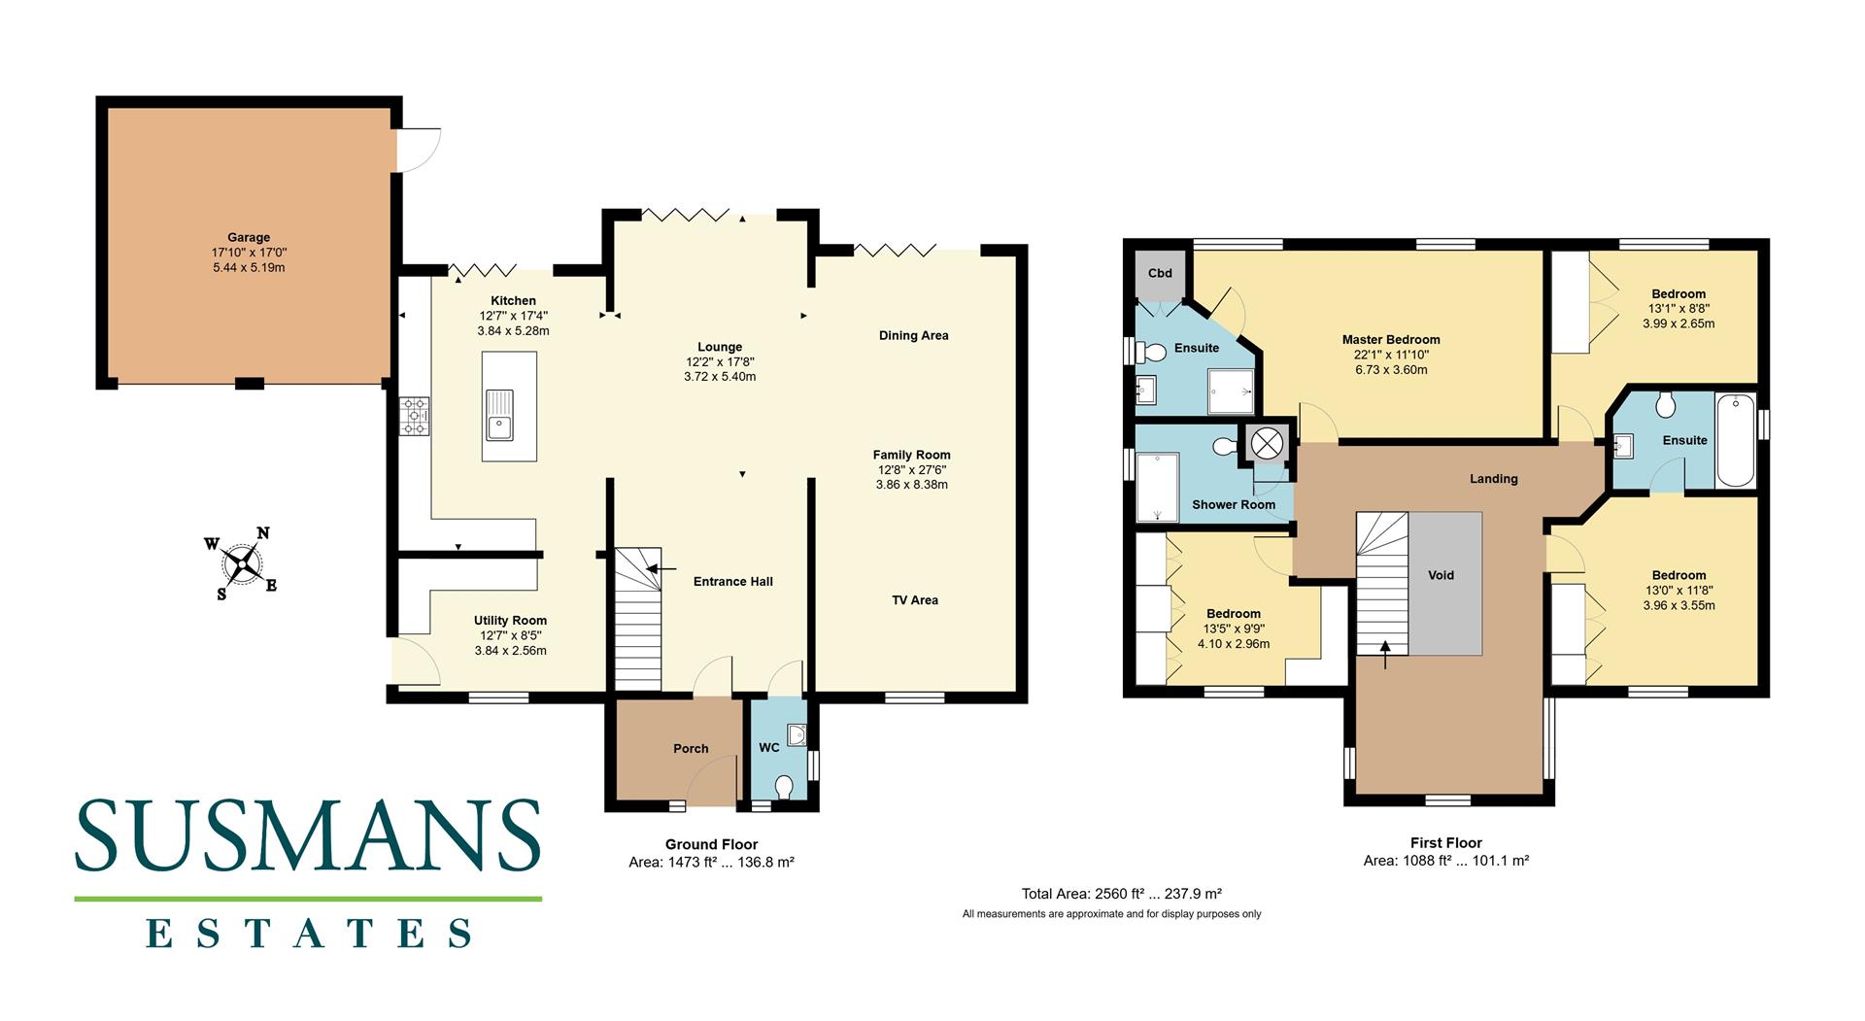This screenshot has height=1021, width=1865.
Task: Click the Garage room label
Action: tap(249, 237)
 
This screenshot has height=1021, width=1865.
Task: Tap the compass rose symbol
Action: tap(241, 563)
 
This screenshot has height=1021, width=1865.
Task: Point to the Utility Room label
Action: tap(510, 621)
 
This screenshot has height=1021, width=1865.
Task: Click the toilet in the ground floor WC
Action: tap(784, 786)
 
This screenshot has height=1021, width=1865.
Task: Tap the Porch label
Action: tap(691, 749)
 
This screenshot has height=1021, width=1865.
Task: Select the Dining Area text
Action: tap(913, 336)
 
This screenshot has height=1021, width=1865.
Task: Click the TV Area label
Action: tap(915, 600)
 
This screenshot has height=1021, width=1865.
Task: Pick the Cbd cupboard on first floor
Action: tap(1160, 274)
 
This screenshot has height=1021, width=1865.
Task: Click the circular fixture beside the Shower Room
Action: tap(1267, 444)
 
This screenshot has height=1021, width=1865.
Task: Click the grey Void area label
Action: tap(1441, 575)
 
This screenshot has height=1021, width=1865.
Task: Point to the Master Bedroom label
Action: tap(1390, 340)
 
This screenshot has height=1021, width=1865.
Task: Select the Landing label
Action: tap(1493, 479)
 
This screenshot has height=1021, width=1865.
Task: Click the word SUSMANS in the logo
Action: tap(308, 834)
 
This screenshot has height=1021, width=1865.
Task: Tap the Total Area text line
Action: tap(1121, 894)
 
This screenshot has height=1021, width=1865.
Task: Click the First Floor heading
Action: tap(1445, 843)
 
